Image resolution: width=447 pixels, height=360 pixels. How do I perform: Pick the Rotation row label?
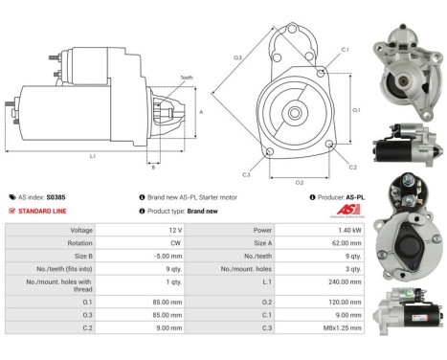[x=79, y=244]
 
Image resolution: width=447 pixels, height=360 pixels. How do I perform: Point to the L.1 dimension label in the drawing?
[x=92, y=155]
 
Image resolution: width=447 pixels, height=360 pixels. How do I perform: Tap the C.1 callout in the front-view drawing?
[x=345, y=49]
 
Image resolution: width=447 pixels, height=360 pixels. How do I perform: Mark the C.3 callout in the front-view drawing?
[x=246, y=174]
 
